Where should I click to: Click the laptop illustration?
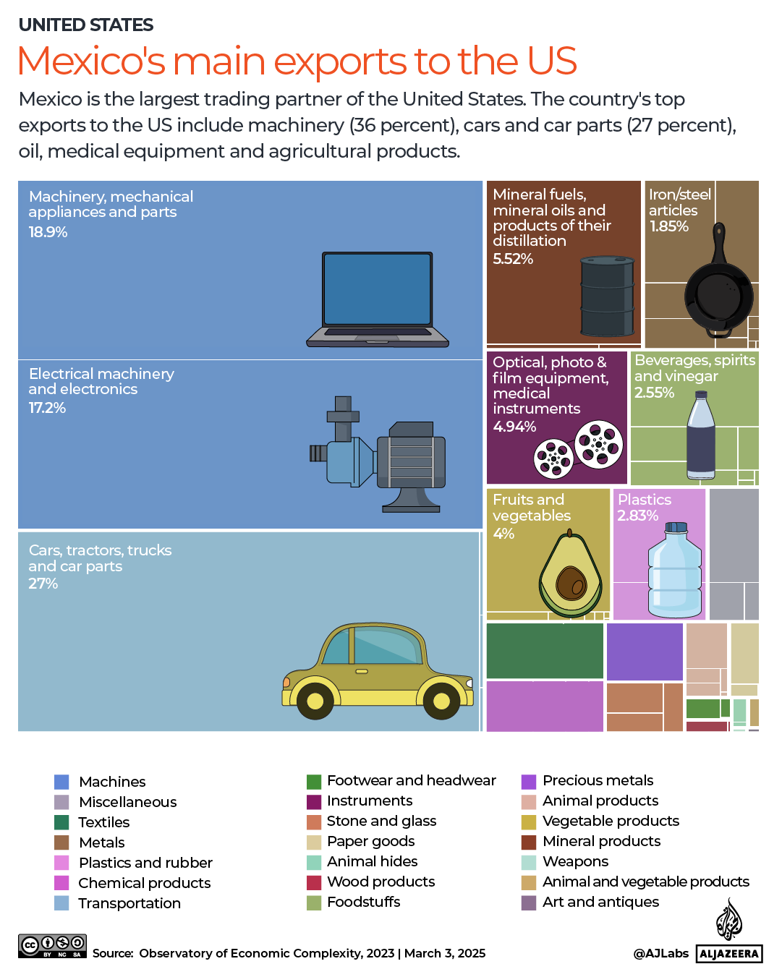378,299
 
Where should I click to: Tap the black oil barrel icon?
608,295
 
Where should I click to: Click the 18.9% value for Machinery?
48,232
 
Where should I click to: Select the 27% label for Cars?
43,584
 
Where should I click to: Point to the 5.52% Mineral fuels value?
512,259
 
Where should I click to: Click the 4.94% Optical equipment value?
514,427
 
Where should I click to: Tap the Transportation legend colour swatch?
61,903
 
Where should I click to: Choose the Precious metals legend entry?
598,780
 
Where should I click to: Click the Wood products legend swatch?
314,882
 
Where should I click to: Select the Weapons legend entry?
575,861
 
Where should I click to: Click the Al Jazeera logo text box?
729,953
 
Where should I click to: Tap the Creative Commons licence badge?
52,946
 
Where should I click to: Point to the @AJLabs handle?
660,953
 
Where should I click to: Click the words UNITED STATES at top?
86,25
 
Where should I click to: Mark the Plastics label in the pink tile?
644,500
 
